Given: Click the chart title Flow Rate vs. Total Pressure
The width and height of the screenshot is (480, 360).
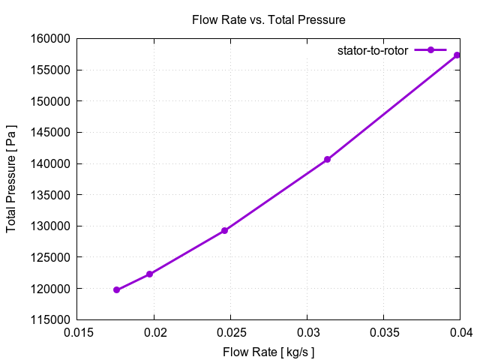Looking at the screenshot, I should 268,19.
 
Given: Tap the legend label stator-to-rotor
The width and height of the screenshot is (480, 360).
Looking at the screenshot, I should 372,50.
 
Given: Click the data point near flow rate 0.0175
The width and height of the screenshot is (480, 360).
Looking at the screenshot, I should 117,289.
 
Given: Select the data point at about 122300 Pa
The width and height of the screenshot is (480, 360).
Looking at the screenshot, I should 150,274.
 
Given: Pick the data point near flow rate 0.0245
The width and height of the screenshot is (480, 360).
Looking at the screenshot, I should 224,230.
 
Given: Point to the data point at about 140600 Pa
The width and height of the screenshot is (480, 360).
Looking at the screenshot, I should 327,159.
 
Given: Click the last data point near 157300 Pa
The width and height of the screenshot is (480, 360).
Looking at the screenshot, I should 457,55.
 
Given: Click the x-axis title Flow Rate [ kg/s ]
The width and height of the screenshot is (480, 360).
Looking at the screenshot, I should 268,352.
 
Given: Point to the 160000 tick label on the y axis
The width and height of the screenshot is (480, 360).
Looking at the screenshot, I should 50,39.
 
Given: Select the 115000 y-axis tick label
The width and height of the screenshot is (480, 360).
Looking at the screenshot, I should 50,319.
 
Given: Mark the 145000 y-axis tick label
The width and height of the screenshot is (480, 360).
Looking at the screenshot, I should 50,133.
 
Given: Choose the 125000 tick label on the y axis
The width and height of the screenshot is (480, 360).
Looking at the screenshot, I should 50,257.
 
